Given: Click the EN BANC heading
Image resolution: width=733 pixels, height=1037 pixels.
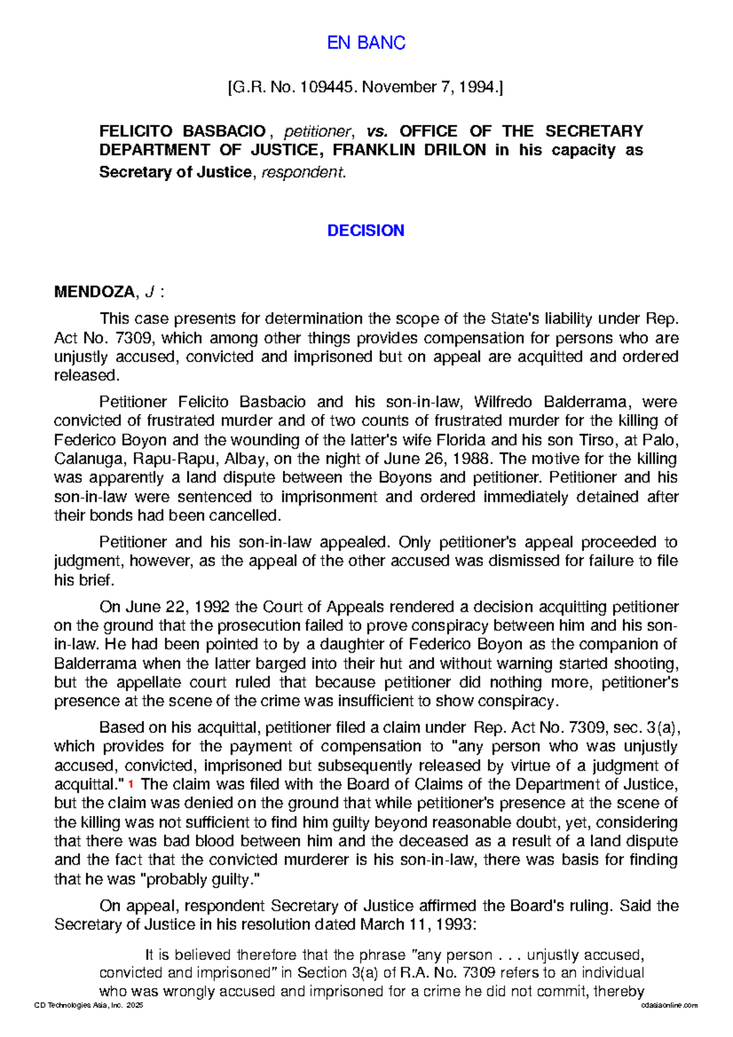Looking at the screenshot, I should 366,43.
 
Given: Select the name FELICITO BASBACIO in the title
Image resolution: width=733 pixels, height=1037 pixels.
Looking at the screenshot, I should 183,131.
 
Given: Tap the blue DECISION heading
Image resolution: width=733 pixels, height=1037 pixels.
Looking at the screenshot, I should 365,230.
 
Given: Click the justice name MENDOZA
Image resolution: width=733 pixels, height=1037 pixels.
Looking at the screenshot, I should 93,292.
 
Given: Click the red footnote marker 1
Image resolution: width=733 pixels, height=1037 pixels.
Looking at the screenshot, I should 131,784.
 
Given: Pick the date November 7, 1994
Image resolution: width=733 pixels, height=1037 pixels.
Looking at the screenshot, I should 430,87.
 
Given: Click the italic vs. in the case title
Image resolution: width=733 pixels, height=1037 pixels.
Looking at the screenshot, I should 377,131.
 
